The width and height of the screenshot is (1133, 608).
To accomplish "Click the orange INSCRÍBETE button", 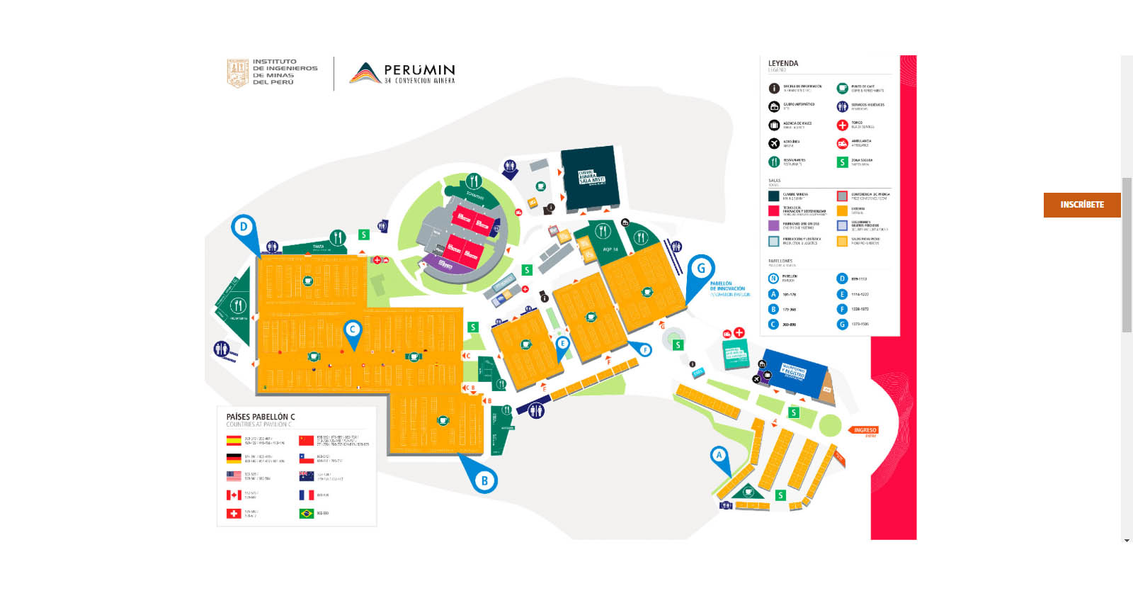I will click(1081, 205).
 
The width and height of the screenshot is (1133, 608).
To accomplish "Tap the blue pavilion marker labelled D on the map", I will click(244, 227).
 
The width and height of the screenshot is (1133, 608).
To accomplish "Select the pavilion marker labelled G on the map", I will click(701, 269).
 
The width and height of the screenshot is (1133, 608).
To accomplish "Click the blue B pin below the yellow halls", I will click(484, 480).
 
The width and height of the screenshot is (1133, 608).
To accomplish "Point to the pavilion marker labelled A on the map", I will click(719, 455).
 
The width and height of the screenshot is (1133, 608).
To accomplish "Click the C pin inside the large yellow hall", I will click(353, 330).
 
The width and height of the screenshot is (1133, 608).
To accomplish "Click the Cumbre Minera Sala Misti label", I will click(591, 177).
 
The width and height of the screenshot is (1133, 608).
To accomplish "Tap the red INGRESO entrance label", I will click(865, 430).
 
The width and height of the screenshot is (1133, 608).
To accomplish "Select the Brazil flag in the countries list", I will click(307, 513).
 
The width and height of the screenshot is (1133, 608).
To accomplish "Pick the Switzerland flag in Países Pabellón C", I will click(234, 513).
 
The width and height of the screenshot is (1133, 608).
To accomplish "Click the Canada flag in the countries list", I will click(234, 495).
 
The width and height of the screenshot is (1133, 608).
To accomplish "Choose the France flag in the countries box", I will click(307, 495).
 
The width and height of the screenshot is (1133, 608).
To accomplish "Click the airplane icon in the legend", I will click(774, 144).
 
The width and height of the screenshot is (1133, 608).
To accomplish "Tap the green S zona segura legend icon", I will click(842, 162).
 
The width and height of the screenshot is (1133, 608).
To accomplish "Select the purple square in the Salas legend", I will click(774, 225).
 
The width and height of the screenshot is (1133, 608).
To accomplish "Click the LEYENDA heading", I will click(783, 64).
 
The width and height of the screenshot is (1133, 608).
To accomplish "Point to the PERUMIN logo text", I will click(419, 70).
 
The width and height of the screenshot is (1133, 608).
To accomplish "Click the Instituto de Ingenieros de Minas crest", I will click(237, 72).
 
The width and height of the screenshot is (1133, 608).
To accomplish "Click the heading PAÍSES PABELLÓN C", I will click(261, 417).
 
